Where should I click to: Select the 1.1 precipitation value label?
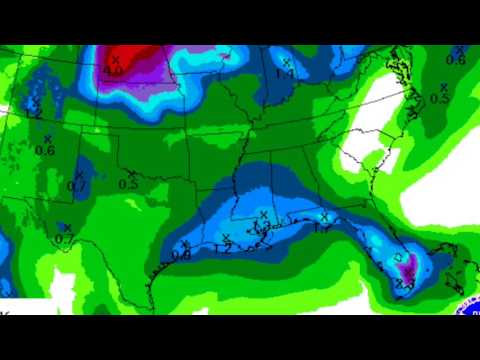285,73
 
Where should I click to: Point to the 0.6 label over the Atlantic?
456,61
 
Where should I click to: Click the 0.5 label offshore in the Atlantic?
439,98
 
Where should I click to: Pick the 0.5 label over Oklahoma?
128,184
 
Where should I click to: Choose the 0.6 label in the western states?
45,150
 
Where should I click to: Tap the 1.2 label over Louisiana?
223,247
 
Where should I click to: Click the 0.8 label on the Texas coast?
181,255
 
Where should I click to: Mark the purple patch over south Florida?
410,268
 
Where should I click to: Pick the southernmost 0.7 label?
63,239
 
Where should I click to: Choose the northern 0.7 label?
77,186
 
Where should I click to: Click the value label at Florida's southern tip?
404,285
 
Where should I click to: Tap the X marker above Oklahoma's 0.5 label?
131,174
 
